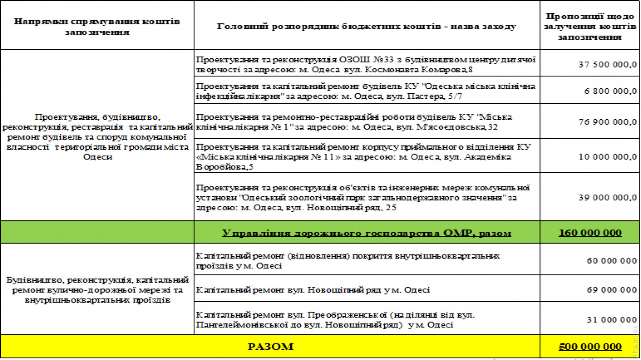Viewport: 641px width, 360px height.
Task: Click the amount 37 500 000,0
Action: pos(607,65)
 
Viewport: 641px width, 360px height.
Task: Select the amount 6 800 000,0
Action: pos(610,91)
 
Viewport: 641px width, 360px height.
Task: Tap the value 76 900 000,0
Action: pos(607,122)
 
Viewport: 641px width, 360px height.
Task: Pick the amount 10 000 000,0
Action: pos(607,157)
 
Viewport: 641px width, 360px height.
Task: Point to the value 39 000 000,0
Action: pos(607,198)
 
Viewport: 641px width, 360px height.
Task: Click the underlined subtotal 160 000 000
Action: pos(590,233)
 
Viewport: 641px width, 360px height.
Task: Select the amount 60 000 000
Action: pos(612,261)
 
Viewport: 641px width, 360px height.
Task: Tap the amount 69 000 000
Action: pos(612,290)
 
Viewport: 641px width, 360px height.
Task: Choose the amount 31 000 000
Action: pos(612,320)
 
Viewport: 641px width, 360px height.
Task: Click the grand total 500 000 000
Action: pos(590,347)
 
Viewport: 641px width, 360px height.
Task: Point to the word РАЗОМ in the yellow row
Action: pos(271,347)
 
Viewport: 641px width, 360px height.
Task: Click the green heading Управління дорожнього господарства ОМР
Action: pos(366,233)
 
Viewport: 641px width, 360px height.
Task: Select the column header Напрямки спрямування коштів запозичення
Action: pos(97,27)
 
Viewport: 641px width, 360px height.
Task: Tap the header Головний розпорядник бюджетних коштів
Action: pos(366,27)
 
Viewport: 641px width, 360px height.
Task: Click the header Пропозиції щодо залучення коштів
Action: pos(590,27)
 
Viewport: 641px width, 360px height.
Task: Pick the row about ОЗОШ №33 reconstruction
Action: pos(365,65)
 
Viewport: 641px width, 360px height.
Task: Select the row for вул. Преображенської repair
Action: pos(335,320)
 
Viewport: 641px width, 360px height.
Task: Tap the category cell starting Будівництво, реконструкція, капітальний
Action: pos(97,290)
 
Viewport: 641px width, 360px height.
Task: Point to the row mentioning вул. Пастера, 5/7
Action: pos(365,91)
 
